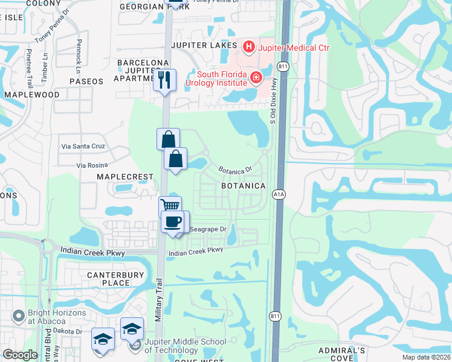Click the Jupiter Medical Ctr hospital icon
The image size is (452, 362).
click(248, 46)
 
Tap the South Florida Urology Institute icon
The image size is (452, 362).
click(256, 77)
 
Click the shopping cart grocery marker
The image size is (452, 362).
click(170, 208)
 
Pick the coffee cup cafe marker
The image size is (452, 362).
click(173, 222)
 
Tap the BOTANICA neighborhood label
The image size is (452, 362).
click(243, 186)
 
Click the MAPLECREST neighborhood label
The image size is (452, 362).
click(125, 176)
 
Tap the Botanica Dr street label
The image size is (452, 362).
click(234, 171)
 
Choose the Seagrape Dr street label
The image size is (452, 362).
click(207, 229)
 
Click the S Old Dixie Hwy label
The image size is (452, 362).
click(273, 120)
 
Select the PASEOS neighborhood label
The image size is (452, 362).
click(86, 81)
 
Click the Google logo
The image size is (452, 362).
click(20, 355)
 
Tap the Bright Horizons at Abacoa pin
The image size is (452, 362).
click(19, 314)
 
